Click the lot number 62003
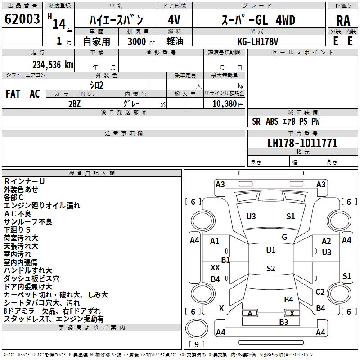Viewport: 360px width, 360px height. pos(22,20)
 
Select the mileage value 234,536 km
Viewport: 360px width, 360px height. pos(53,64)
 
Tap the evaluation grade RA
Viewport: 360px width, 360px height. pos(343,21)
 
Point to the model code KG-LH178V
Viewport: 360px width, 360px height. pos(258,41)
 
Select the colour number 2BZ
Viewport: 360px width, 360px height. pos(74,103)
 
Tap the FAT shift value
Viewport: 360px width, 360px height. pos(13,94)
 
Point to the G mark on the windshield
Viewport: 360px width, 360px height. pos(284,237)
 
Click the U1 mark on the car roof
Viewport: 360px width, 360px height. pos(270,250)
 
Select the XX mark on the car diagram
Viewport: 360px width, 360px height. pos(215,267)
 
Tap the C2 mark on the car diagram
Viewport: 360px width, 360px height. pos(320,292)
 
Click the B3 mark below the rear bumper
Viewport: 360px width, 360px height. pos(283,322)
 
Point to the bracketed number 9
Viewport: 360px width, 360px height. pos(196,344)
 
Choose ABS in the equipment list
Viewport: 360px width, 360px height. pos(272,121)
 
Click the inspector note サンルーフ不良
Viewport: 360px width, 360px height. pos(28,221)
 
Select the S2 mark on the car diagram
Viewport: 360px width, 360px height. pos(270,269)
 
